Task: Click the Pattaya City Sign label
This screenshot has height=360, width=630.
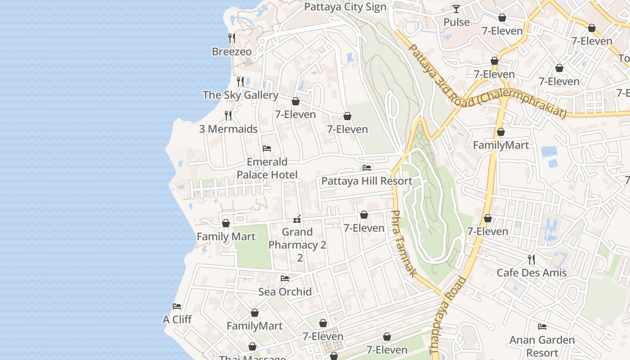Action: pyautogui.click(x=345, y=7)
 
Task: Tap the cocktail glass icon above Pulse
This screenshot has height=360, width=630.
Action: pyautogui.click(x=456, y=9)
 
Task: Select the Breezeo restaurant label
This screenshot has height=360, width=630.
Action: pyautogui.click(x=232, y=52)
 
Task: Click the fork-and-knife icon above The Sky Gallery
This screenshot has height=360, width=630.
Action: pyautogui.click(x=240, y=81)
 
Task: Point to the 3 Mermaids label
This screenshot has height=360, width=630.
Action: pyautogui.click(x=228, y=129)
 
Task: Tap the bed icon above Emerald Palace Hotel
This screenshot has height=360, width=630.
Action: pyautogui.click(x=267, y=148)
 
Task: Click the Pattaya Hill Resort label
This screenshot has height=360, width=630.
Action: pyautogui.click(x=366, y=181)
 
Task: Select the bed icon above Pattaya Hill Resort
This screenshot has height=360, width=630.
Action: pyautogui.click(x=367, y=168)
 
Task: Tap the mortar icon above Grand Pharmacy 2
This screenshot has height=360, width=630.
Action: pyautogui.click(x=297, y=219)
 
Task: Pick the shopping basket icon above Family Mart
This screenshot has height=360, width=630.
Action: pyautogui.click(x=226, y=223)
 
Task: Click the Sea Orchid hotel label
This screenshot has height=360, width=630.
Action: pyautogui.click(x=285, y=292)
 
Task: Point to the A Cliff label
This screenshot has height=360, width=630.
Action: pyautogui.click(x=177, y=319)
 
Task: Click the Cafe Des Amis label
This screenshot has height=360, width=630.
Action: pyautogui.click(x=531, y=273)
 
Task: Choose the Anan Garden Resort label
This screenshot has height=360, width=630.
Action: pyautogui.click(x=542, y=346)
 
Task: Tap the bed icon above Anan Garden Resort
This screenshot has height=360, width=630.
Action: pyautogui.click(x=542, y=327)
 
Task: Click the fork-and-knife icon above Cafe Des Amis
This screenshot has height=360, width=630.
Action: pyautogui.click(x=531, y=259)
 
